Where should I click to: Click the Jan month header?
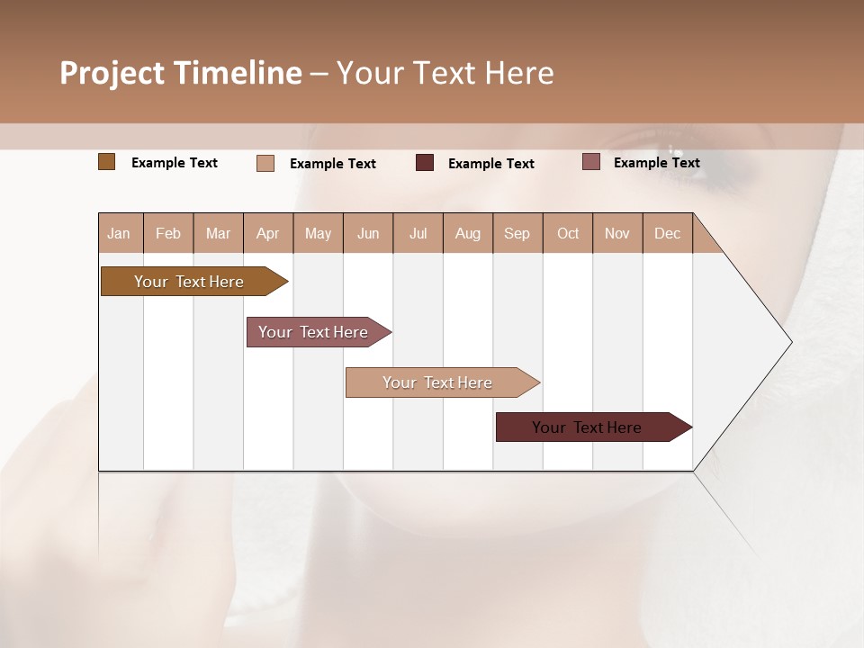120,233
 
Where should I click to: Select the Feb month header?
168,233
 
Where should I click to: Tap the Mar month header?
218,233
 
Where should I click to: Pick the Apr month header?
268,233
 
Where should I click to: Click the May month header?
318,233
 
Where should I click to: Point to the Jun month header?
368,233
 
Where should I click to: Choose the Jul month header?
418,233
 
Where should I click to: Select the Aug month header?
468,233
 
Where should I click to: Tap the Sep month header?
517,233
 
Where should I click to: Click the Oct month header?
568,233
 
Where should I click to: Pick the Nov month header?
617,233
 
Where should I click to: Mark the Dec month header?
668,233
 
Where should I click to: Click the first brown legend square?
106,162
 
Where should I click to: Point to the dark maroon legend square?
425,163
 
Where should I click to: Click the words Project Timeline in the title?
181,73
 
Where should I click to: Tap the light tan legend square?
265,163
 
